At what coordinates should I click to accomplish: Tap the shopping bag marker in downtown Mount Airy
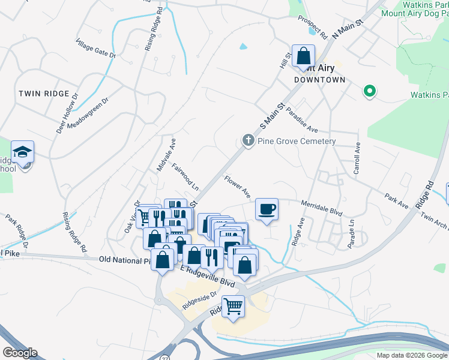[304, 56]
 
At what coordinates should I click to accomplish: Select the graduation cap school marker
[22, 152]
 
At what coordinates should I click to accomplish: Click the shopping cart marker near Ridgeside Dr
[234, 307]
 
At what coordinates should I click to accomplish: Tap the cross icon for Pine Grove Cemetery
[247, 140]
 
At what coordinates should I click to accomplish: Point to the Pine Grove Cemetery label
[296, 141]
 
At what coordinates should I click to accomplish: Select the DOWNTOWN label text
[320, 80]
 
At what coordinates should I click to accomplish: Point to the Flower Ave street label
[237, 186]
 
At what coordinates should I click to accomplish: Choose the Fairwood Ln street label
[185, 176]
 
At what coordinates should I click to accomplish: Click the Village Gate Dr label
[95, 49]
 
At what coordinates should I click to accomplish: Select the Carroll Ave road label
[357, 158]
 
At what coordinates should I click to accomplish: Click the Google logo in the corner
[19, 353]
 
